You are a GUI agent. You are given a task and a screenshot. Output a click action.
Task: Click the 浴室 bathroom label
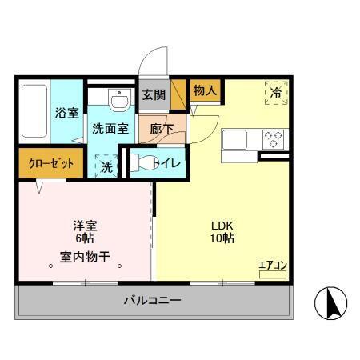click(x=66, y=113)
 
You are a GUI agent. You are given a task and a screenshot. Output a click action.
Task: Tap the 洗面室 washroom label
click(x=110, y=128)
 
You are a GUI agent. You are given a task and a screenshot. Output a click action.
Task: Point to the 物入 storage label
click(x=205, y=90)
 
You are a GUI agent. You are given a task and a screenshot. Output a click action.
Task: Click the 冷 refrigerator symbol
click(x=274, y=93)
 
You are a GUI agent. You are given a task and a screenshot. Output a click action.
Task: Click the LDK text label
click(x=222, y=225)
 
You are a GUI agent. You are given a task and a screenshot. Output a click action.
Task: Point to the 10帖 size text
click(x=222, y=238)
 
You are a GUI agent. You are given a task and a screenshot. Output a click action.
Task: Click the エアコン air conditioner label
click(x=272, y=266)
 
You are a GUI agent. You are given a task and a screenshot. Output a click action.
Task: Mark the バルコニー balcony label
click(x=152, y=302)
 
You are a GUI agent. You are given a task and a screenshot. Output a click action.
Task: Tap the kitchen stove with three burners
click(x=273, y=138)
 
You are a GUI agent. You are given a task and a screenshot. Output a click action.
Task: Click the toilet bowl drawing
click(x=144, y=163)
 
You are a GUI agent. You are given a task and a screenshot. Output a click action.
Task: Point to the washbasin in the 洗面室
click(x=119, y=102)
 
